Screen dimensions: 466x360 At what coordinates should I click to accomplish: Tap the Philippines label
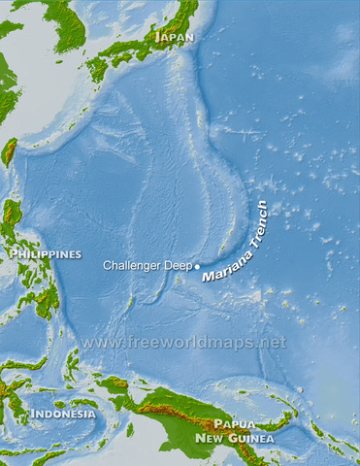pyautogui.click(x=45, y=254)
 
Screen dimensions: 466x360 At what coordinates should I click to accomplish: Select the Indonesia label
pyautogui.click(x=62, y=414)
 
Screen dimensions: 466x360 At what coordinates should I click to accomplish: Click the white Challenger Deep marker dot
pyautogui.click(x=197, y=265)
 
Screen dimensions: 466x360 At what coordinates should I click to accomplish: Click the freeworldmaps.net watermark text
pyautogui.click(x=183, y=343)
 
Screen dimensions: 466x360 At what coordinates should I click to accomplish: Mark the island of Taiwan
pyautogui.click(x=11, y=151)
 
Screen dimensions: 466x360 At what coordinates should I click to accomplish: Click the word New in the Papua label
pyautogui.click(x=212, y=438)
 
